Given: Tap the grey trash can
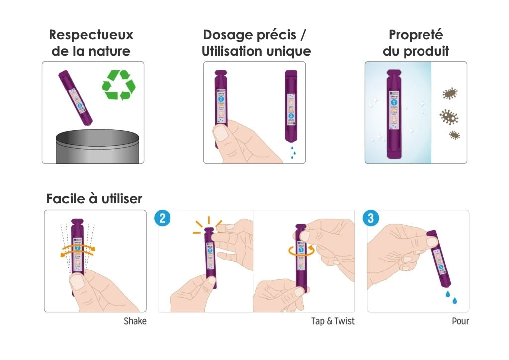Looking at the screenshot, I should (96, 146).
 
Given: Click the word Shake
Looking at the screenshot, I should (135, 321).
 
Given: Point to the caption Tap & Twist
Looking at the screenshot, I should (333, 321).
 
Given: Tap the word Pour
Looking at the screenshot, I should (460, 321).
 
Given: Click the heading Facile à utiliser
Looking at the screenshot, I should (94, 199).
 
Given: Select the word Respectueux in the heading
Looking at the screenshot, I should (91, 35).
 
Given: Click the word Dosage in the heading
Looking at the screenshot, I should (230, 35).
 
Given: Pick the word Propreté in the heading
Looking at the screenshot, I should (416, 35).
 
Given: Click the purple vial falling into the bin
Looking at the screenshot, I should (75, 97).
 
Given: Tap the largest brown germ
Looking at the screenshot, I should (448, 117).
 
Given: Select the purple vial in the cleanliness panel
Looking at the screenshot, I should (393, 114).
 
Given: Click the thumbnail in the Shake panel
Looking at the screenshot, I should (77, 282).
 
